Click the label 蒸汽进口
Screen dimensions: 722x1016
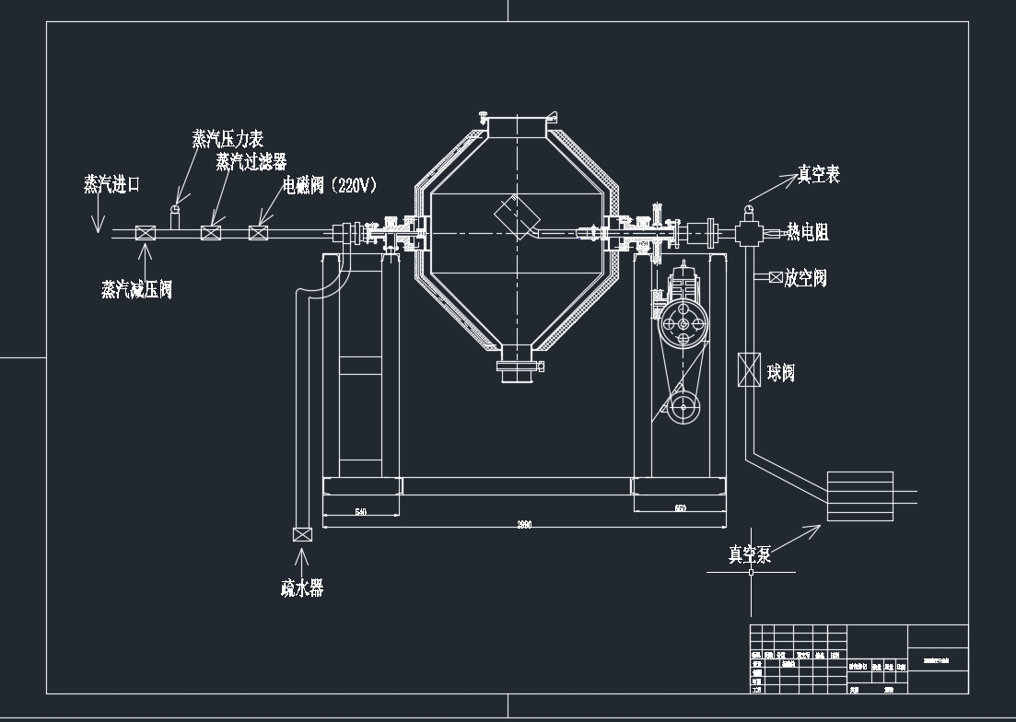point(111,184)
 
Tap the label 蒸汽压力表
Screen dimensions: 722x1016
point(228,139)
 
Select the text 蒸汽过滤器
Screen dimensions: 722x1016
point(251,162)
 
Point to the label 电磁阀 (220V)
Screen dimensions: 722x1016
point(330,185)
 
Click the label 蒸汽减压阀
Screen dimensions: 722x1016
point(136,289)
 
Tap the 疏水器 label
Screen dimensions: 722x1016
point(302,588)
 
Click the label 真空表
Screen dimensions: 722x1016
point(818,175)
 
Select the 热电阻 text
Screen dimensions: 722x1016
point(807,233)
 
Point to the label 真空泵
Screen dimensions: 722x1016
point(749,554)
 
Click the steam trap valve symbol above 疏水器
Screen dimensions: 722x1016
point(302,534)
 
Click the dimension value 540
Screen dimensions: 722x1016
point(361,511)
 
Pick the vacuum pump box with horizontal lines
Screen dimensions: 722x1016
point(860,496)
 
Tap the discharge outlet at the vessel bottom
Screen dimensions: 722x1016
point(516,366)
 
